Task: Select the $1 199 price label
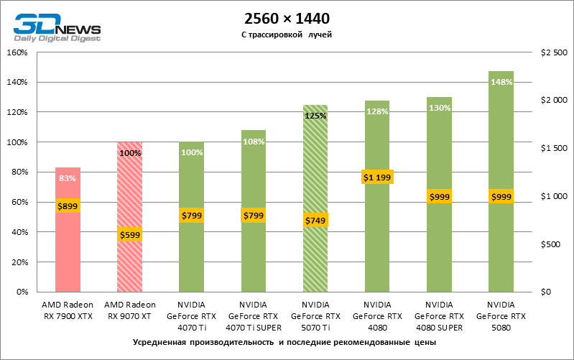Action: click(377, 177)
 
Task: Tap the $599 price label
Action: click(129, 234)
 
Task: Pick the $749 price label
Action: click(315, 221)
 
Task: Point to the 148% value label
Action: click(501, 82)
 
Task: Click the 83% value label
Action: click(68, 179)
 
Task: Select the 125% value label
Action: click(315, 116)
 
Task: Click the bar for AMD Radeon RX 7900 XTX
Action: click(68, 251)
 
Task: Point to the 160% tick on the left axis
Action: click(17, 52)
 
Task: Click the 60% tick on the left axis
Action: click(19, 203)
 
